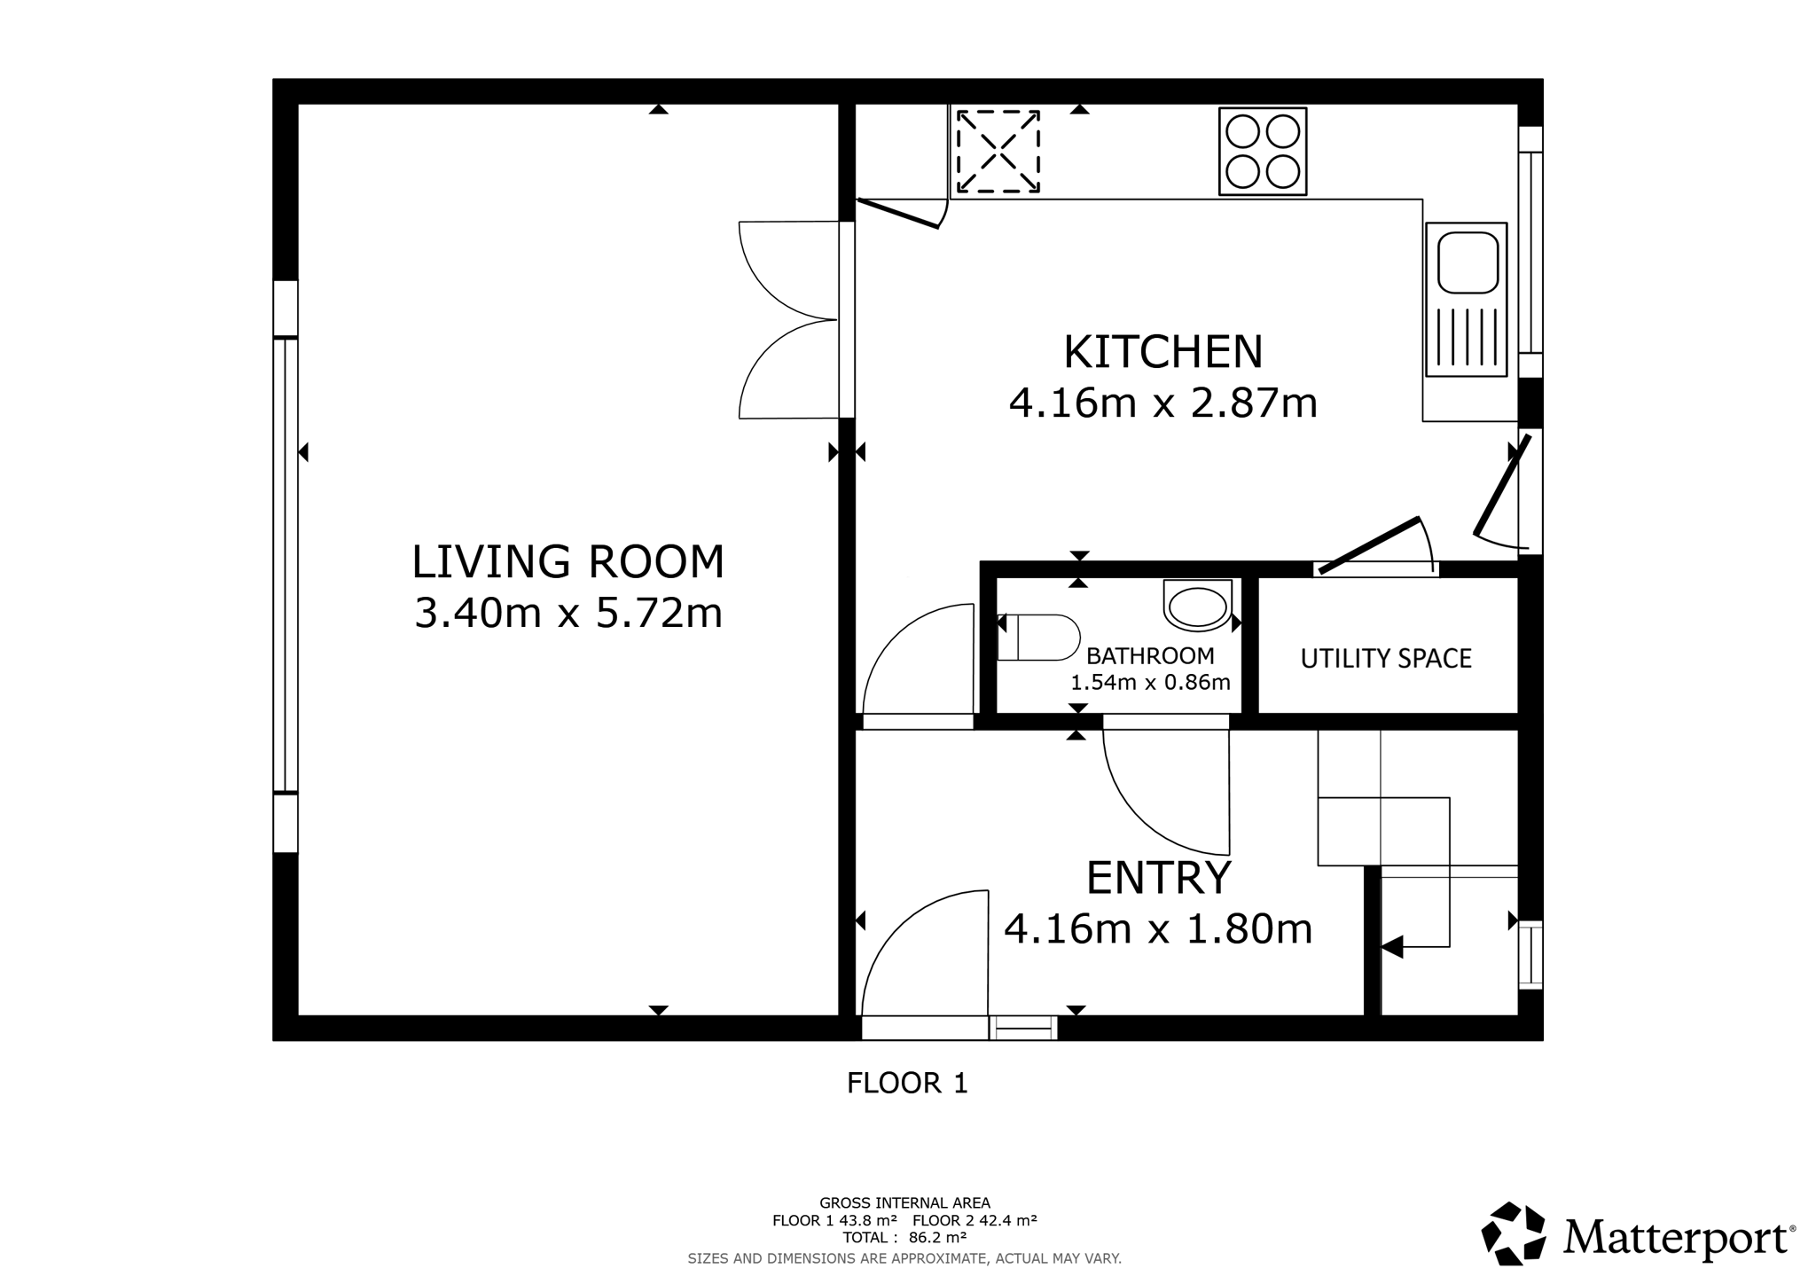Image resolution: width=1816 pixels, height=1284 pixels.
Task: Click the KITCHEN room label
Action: coord(1162,352)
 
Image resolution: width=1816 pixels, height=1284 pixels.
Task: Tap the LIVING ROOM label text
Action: coord(568,561)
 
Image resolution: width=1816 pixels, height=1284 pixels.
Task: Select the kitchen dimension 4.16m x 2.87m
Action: coord(1162,403)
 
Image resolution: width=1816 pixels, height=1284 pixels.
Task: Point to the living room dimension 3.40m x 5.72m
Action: coord(568,613)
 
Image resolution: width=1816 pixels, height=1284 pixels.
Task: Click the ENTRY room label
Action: coord(1159,878)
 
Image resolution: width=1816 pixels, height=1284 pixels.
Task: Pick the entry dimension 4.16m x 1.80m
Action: coord(1158,929)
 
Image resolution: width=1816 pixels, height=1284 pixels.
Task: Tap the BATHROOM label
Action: coord(1150,656)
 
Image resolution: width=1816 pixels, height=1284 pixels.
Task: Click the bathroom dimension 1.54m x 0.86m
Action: coord(1150,683)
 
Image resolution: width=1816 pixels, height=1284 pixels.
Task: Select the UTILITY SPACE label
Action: coord(1386,659)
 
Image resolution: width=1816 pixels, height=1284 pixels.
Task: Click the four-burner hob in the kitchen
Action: coord(1263,152)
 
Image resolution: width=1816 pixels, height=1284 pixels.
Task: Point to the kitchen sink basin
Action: coord(1468,262)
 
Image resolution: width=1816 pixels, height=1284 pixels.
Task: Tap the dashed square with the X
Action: coord(998,152)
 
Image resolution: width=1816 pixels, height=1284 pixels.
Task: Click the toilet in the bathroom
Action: coord(1038,638)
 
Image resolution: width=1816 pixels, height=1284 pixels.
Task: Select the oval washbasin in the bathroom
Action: coord(1197,607)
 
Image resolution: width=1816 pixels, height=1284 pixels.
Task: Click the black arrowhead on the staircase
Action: coord(1392,947)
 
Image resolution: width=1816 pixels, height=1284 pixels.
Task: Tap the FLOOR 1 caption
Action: coord(907,1084)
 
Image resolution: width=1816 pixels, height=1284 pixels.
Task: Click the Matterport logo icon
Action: coord(1514,1233)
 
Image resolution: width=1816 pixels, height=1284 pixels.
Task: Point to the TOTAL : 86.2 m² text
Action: coord(904,1238)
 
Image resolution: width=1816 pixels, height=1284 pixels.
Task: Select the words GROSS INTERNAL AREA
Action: coord(904,1203)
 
